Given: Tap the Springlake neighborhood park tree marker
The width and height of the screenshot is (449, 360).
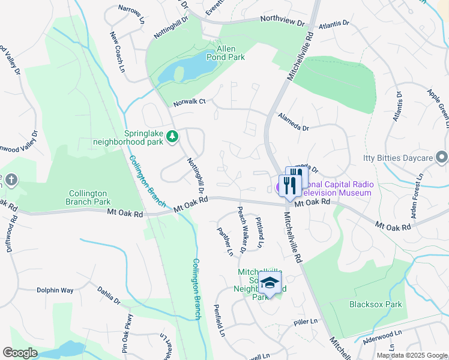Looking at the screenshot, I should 172,137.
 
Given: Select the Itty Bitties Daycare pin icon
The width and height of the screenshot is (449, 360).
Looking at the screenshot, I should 442,158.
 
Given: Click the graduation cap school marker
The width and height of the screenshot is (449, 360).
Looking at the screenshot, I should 270,284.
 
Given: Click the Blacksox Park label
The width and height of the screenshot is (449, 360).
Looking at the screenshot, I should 376,304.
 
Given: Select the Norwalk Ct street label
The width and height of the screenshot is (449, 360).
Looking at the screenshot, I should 189,103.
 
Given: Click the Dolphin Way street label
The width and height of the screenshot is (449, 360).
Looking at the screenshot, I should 55,290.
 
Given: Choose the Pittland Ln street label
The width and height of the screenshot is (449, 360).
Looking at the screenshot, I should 259,233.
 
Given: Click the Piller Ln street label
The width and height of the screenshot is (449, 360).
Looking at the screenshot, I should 306,322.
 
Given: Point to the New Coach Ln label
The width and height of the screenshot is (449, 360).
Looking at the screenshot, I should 117,53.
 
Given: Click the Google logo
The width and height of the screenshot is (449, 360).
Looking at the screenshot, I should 20,353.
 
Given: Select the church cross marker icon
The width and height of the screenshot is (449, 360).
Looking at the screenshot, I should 11,179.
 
